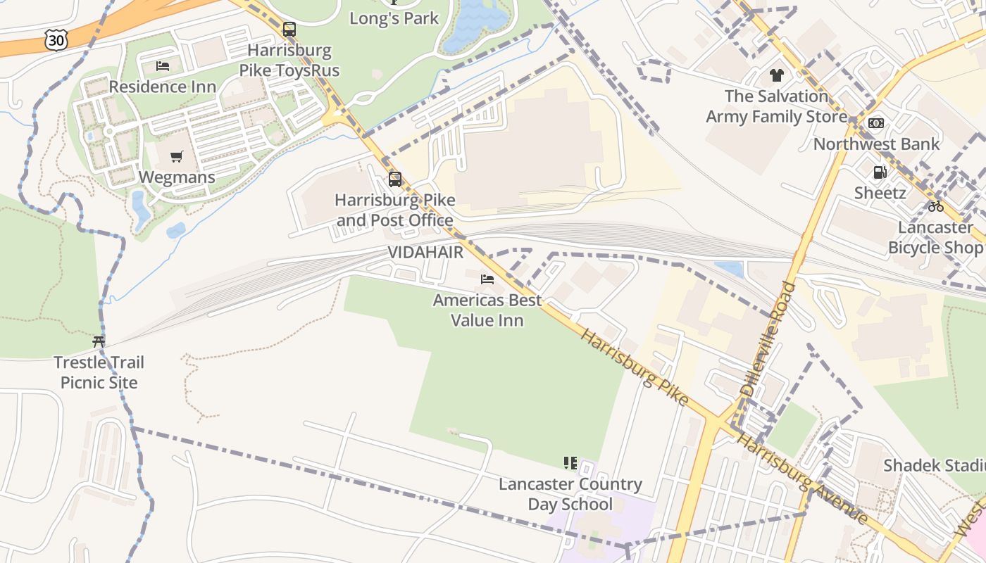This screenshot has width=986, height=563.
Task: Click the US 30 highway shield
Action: point(56,40)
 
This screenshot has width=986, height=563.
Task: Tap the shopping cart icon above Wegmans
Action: point(176,156)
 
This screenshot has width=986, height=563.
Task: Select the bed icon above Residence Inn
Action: point(163,66)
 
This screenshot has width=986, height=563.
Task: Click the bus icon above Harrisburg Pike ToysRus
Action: point(289,30)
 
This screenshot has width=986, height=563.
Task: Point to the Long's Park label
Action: point(394,18)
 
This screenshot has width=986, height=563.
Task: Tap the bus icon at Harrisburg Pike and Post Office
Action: point(395,179)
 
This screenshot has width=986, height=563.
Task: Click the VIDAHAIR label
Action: point(425,252)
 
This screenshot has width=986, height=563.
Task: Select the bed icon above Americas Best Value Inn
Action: point(487,279)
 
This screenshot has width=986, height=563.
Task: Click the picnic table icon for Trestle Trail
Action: point(99,342)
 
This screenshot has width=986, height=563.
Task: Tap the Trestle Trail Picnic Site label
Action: point(99,373)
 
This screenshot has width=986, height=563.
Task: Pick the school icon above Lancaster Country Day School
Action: point(570,463)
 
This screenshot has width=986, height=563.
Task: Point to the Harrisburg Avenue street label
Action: point(801,479)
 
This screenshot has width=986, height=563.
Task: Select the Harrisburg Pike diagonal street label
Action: point(634,366)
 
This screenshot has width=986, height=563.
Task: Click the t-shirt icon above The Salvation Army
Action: point(776,75)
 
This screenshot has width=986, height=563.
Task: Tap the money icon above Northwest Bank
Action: point(876,123)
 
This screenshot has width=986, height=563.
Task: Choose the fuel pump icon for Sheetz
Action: point(880,172)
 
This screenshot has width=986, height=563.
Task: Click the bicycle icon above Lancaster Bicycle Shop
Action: point(935,206)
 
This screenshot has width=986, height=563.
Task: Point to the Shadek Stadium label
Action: point(934,465)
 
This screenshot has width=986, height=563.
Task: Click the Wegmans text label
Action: point(177,177)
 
